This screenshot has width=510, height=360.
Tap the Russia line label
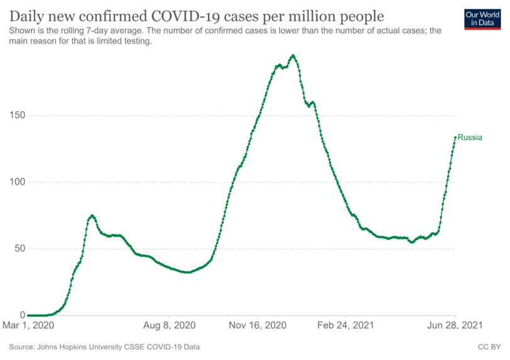coord(470,137)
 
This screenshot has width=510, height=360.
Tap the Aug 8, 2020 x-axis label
coord(170,325)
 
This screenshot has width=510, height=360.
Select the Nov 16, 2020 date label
coord(258,325)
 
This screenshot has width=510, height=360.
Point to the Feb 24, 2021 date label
coord(346,325)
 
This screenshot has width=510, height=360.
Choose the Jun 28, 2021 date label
coord(455,325)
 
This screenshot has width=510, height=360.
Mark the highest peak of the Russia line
coord(293,55)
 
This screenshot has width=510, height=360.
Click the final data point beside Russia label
coord(455,137)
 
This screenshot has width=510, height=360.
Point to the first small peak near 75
coord(92,215)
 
